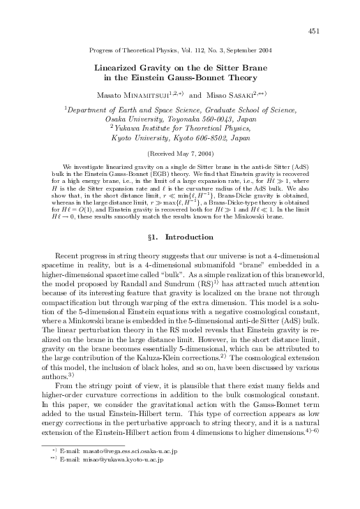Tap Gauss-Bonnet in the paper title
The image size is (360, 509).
pyautogui.click(x=216, y=78)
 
